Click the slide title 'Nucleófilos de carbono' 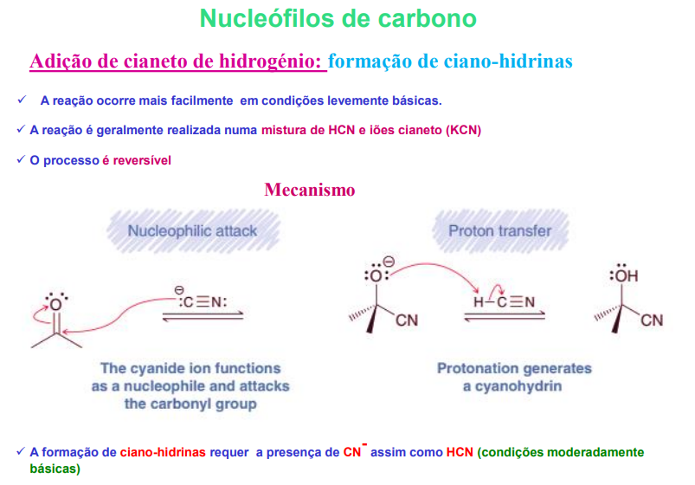338,18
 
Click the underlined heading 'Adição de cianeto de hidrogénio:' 177,61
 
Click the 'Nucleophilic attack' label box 192,231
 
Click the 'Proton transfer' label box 499,231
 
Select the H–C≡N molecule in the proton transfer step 504,301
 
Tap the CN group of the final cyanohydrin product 652,321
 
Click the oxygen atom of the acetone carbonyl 55,303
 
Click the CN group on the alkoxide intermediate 406,321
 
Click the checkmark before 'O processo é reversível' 20,160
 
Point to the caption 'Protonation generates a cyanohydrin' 514,377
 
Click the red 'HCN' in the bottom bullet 460,452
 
